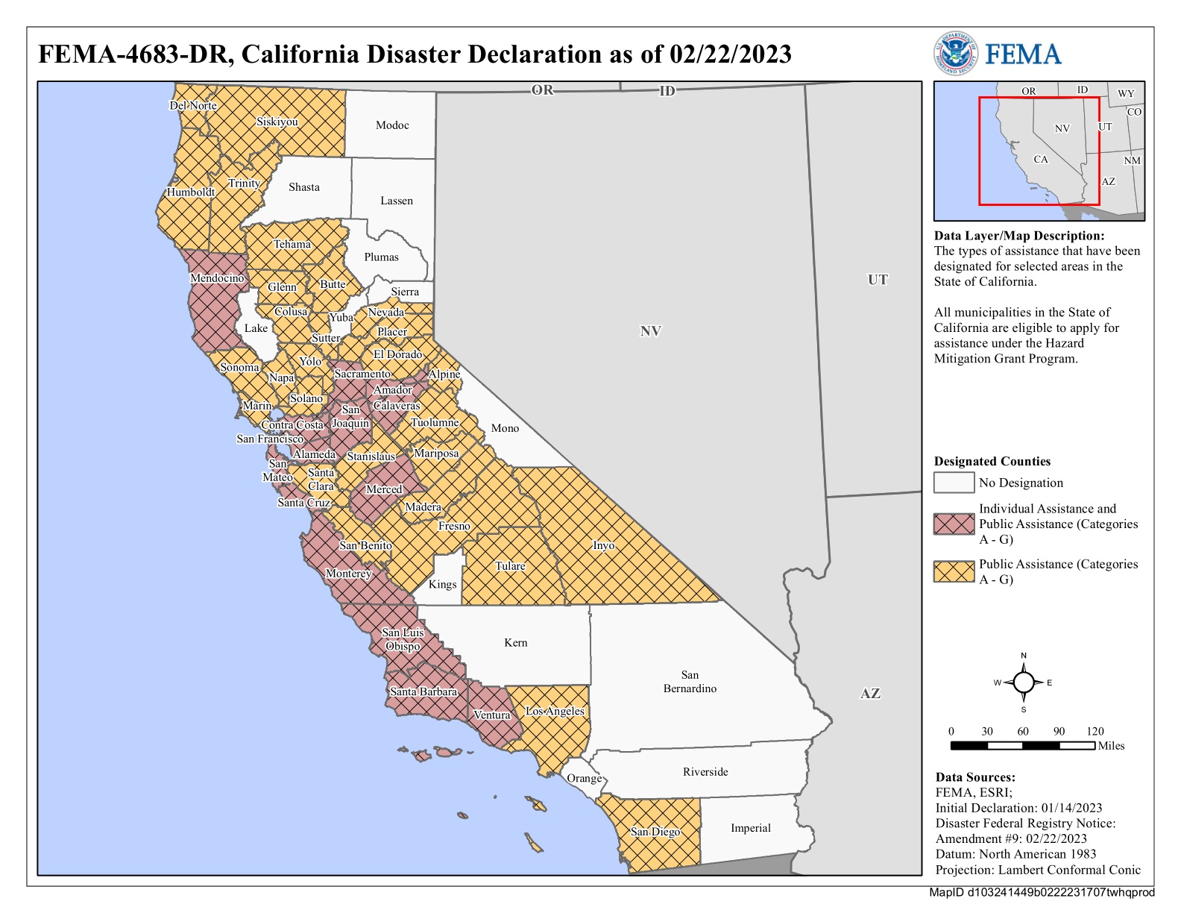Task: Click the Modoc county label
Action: click(392, 125)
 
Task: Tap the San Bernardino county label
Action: click(690, 682)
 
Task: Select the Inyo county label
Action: click(603, 545)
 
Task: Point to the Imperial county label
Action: click(750, 828)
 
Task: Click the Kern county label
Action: click(515, 642)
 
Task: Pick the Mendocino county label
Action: click(217, 278)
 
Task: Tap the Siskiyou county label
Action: click(277, 122)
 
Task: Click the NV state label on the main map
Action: click(650, 331)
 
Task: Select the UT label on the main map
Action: click(878, 280)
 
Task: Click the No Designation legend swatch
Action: click(954, 483)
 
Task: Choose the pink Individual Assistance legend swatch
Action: click(954, 524)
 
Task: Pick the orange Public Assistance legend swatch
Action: click(954, 571)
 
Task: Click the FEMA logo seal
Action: click(955, 54)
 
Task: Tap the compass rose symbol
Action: click(1023, 683)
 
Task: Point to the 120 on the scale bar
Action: click(1095, 731)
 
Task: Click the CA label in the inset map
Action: click(1040, 160)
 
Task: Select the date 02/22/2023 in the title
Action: click(730, 54)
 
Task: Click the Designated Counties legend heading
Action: click(992, 461)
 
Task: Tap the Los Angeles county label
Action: click(555, 711)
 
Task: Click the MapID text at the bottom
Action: click(1041, 893)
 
